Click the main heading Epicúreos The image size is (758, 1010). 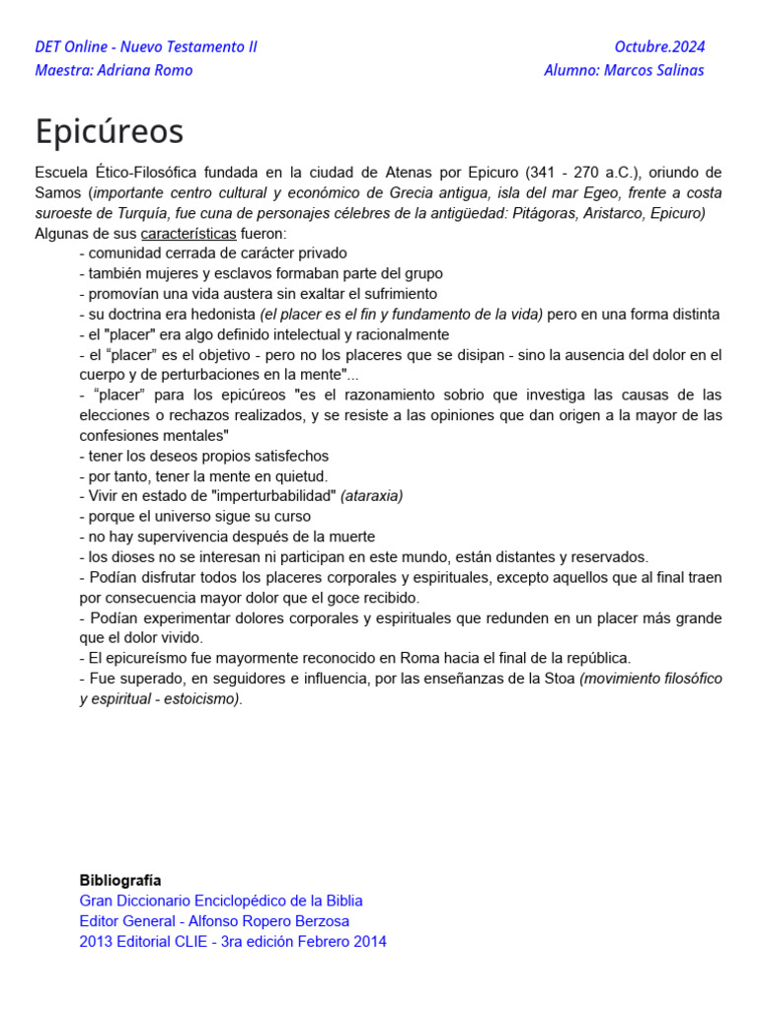[x=110, y=131]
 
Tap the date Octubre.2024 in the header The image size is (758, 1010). [x=659, y=46]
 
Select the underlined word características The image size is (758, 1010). [x=189, y=234]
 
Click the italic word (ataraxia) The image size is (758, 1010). [x=372, y=496]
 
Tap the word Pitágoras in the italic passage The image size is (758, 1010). [x=546, y=213]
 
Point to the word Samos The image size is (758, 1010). [x=56, y=193]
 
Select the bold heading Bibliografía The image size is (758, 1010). [x=120, y=880]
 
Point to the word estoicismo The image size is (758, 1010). [x=202, y=699]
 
